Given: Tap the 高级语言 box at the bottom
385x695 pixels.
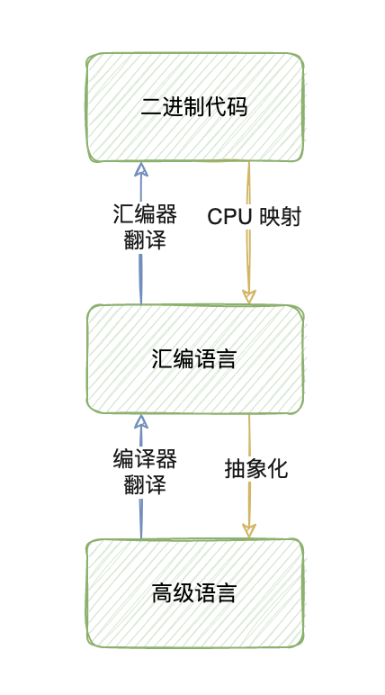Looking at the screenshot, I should [194, 621].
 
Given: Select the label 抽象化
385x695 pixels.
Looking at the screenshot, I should [256, 469].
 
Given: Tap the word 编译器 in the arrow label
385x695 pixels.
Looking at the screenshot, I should [144, 459].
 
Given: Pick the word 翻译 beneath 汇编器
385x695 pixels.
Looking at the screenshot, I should [144, 240].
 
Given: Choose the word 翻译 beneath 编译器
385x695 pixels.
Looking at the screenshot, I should [144, 484].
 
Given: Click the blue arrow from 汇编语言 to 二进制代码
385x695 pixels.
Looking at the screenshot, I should [140, 279].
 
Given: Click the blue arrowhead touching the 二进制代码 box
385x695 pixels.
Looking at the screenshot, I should [140, 169].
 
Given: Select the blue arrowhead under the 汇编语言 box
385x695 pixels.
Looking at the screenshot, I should [140, 421].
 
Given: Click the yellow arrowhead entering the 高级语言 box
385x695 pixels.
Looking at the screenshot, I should [249, 532].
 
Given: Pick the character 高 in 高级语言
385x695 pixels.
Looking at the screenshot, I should [161, 594].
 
